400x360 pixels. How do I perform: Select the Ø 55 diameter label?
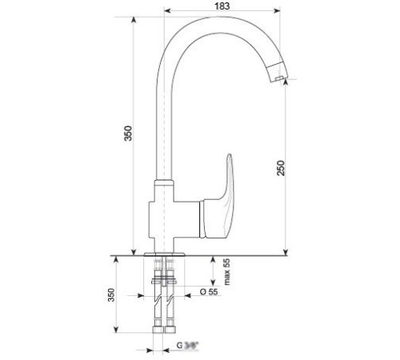point(208,293)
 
